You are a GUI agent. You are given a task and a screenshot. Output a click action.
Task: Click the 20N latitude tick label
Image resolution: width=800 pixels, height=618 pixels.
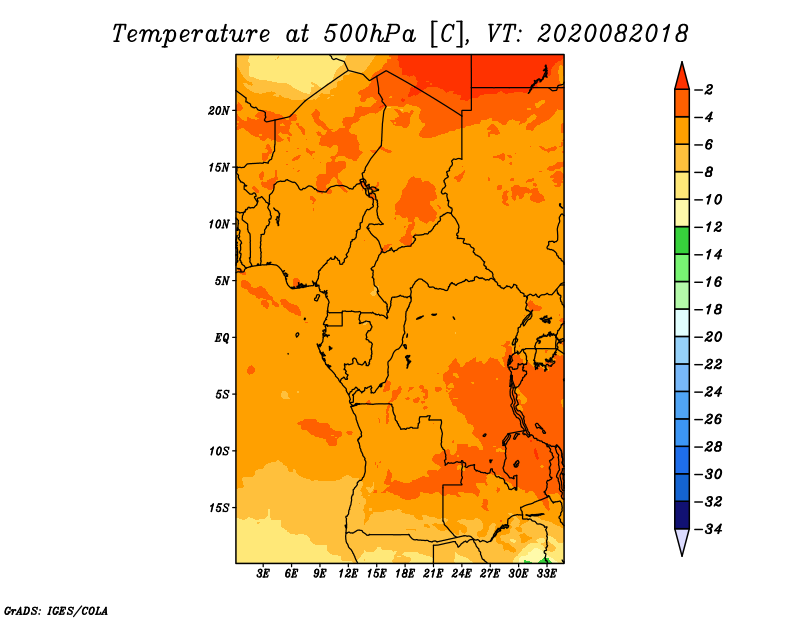(x=219, y=111)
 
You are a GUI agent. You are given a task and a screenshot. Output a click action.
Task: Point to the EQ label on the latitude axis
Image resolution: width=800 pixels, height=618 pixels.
(x=221, y=338)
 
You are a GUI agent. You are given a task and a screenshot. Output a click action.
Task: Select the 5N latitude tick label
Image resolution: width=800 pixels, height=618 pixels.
(x=222, y=281)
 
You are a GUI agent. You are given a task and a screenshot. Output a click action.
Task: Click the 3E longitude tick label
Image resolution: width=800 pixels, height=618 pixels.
(x=263, y=574)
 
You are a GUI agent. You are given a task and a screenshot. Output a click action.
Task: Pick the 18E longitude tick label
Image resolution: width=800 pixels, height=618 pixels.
(x=405, y=574)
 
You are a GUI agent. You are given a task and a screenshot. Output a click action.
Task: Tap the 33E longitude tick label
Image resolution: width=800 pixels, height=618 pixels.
(x=546, y=574)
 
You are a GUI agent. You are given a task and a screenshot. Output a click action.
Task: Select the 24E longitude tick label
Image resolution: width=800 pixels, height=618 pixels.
(x=461, y=574)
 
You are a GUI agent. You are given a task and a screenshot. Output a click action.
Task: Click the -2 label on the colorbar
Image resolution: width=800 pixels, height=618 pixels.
(x=704, y=90)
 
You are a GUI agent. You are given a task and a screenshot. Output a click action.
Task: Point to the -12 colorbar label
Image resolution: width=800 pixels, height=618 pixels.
(x=708, y=227)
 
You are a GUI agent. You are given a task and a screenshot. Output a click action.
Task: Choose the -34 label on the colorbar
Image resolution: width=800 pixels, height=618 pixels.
(x=708, y=529)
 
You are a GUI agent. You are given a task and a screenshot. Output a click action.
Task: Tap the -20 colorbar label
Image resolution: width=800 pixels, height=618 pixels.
(x=708, y=337)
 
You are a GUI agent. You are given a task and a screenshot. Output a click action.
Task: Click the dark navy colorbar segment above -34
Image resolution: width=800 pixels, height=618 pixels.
(x=682, y=515)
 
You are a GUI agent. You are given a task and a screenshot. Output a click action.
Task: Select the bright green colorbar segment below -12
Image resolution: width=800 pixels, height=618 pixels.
(x=682, y=240)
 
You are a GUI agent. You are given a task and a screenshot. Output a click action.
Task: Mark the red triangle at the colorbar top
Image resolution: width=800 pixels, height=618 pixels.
(x=682, y=77)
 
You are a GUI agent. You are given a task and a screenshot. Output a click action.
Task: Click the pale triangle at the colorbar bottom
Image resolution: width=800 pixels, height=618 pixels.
(x=682, y=542)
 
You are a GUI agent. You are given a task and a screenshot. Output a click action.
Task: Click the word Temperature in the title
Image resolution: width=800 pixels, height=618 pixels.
(x=191, y=34)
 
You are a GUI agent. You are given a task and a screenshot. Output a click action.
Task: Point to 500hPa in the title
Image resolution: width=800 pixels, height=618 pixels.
(x=370, y=34)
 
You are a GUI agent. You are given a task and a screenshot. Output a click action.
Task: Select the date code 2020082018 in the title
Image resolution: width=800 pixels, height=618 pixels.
(x=613, y=34)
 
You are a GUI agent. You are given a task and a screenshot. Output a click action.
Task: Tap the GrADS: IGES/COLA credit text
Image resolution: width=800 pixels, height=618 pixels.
(x=56, y=610)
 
